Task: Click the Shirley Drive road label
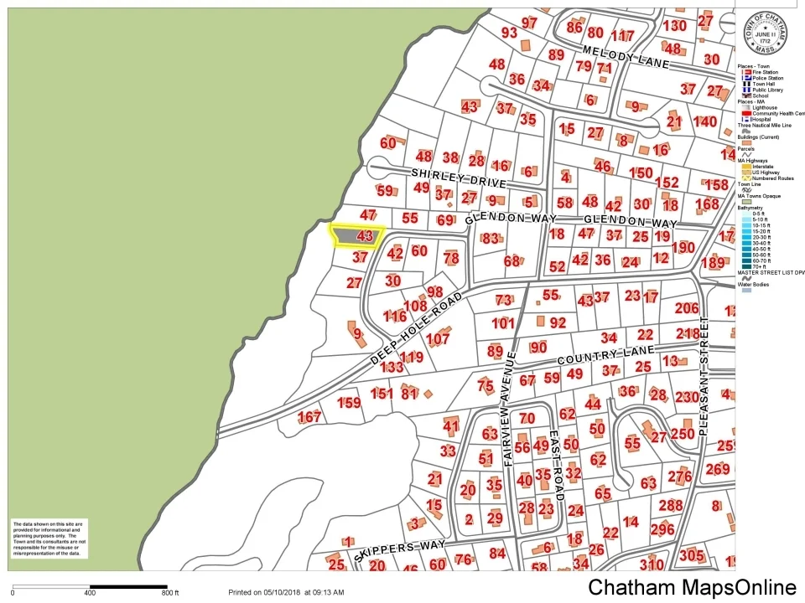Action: coord(459,177)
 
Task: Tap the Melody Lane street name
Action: coord(626,57)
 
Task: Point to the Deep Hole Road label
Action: coord(417,327)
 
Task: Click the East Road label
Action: coord(553,458)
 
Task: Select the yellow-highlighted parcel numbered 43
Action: coord(358,236)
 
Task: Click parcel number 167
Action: coord(309,417)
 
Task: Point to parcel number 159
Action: coord(349,404)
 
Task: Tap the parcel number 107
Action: coord(438,340)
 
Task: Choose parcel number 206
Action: coord(686,308)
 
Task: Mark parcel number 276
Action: coord(679,477)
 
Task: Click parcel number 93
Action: coord(509,33)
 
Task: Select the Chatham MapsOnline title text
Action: coord(692,588)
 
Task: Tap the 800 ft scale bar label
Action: coord(170,593)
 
